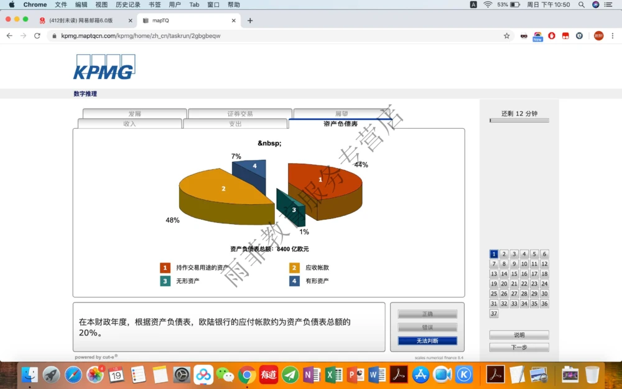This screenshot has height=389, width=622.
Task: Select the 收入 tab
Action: click(x=129, y=124)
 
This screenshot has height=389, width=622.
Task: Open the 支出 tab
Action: click(x=235, y=124)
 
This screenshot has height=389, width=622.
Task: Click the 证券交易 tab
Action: click(x=239, y=114)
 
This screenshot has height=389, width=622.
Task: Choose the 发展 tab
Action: click(x=134, y=114)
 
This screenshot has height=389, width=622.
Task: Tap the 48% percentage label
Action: click(x=172, y=220)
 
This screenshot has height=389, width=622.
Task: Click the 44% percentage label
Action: click(x=361, y=165)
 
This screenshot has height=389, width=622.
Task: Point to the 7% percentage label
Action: click(x=236, y=156)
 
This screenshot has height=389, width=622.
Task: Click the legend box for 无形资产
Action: click(x=165, y=281)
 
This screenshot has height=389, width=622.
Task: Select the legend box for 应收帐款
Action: click(x=294, y=268)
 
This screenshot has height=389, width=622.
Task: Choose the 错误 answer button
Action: click(x=427, y=327)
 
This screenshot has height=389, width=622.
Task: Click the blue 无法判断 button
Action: click(x=427, y=341)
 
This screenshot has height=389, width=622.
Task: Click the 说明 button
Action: click(x=519, y=335)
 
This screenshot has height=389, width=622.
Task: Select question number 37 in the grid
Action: click(x=494, y=314)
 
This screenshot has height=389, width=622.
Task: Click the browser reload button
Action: click(x=37, y=35)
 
